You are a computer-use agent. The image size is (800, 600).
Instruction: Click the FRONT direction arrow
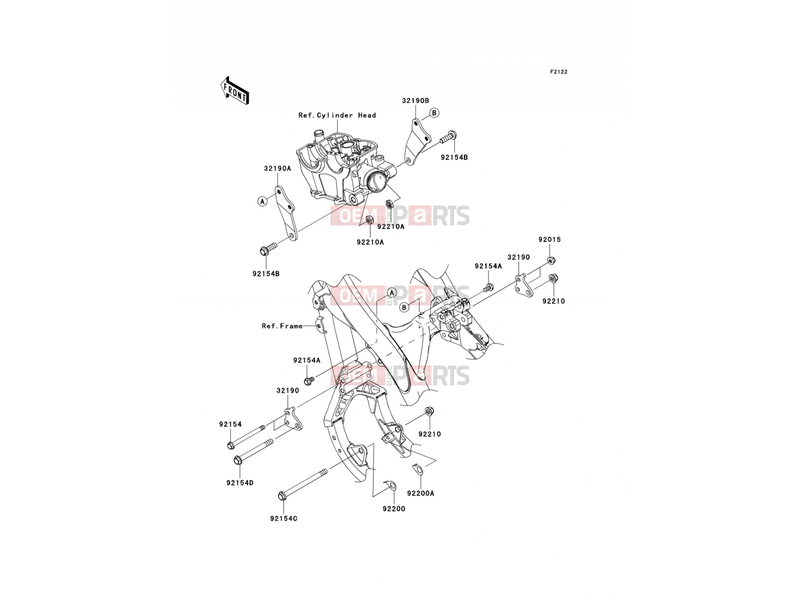[234, 91]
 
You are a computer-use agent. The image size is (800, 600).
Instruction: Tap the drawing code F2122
[558, 72]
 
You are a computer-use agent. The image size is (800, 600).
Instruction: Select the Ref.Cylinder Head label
[337, 115]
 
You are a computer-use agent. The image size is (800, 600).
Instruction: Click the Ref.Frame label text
[282, 326]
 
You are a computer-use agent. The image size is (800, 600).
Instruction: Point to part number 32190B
[415, 100]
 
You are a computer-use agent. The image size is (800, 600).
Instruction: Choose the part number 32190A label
[277, 168]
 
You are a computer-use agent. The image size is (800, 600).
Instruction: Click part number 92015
[549, 239]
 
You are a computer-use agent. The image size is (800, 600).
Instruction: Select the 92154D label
[239, 483]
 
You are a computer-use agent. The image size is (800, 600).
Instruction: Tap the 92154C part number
[283, 518]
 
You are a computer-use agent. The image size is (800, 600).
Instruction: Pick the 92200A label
[420, 493]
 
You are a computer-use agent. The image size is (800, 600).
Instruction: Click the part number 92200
[393, 509]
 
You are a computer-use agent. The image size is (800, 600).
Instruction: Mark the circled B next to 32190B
[434, 113]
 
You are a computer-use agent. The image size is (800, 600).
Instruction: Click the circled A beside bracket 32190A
[262, 201]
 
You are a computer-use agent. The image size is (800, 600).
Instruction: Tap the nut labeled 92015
[551, 261]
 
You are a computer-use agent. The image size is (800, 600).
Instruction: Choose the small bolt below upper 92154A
[488, 287]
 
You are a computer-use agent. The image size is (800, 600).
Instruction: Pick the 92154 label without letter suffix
[230, 424]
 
